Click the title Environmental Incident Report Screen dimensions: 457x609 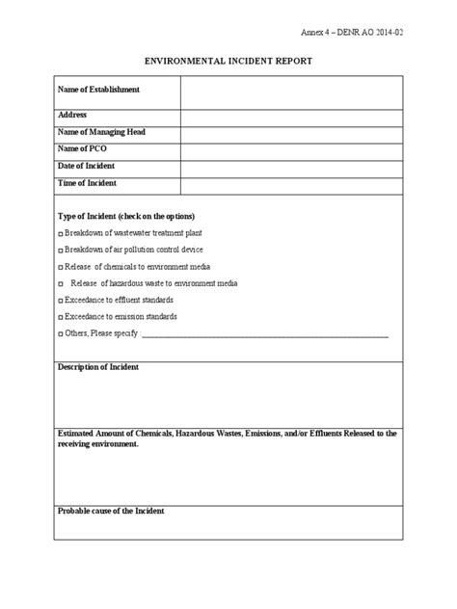pos(228,61)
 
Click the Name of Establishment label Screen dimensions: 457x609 pos(98,90)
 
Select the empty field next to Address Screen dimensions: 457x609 pos(291,116)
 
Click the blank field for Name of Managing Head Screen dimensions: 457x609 pos(291,133)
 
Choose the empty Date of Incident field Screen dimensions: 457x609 pos(291,167)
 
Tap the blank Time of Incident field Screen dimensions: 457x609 pos(291,183)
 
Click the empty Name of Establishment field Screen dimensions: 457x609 pos(291,93)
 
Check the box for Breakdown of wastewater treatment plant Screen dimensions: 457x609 pos(61,234)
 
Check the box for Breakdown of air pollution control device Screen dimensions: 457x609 pos(61,251)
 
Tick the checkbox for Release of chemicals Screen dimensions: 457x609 pos(61,267)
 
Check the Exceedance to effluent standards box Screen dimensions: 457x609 pos(61,301)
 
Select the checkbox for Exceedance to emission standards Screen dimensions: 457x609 pos(61,317)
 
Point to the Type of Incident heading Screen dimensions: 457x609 pos(126,216)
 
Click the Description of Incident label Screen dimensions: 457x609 pos(98,367)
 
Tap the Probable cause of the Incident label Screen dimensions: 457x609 pos(111,511)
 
